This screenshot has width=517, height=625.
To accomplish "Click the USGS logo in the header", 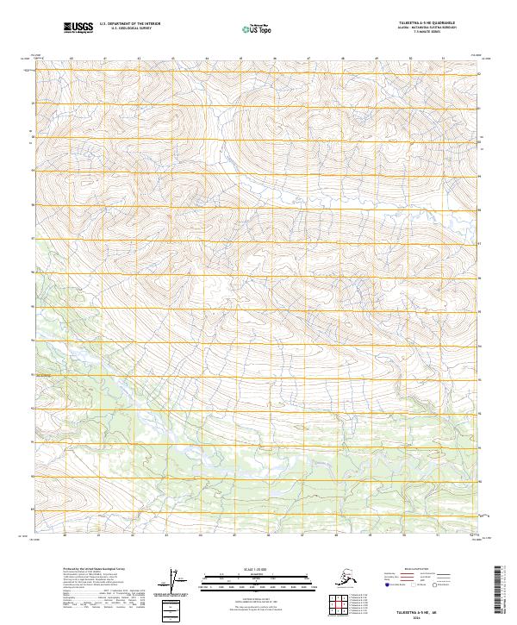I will pyautogui.click(x=77, y=28).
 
